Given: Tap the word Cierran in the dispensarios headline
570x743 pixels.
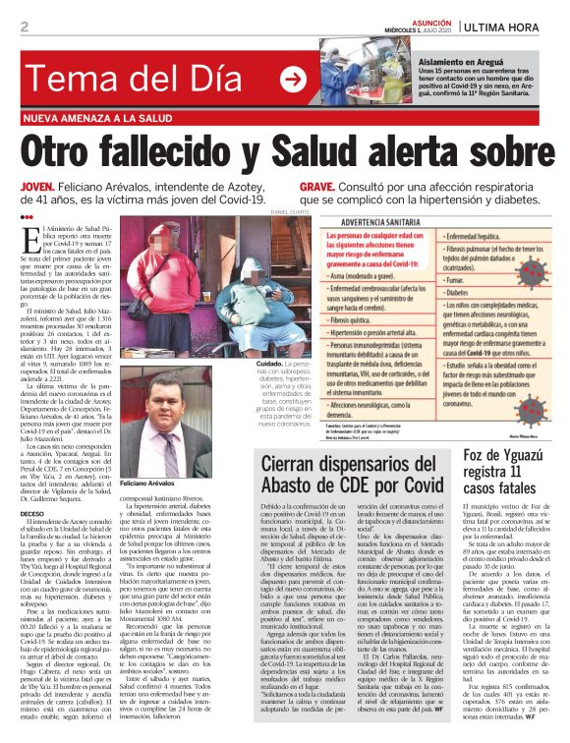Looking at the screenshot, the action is pyautogui.click(x=301, y=459).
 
